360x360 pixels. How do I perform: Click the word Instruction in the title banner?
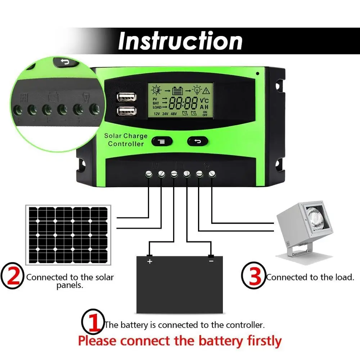click(180, 41)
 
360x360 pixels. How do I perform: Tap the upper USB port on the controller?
click(126, 97)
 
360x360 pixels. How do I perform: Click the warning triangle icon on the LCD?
click(206, 90)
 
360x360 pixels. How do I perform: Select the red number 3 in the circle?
click(254, 276)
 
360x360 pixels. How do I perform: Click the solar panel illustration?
click(68, 235)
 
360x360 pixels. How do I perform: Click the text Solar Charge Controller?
click(126, 140)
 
